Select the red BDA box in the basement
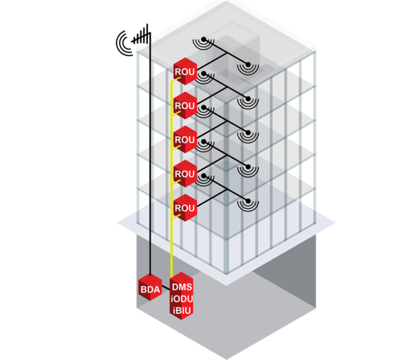(150, 289)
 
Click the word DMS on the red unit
(182, 287)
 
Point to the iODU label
(182, 299)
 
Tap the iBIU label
(182, 311)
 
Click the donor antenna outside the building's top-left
(131, 42)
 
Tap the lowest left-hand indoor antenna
(204, 177)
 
